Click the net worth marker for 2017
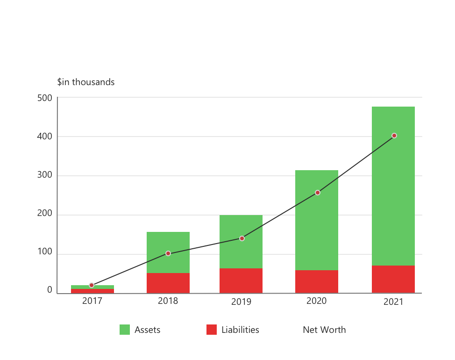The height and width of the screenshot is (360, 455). pyautogui.click(x=92, y=285)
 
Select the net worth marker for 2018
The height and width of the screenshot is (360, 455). pyautogui.click(x=168, y=253)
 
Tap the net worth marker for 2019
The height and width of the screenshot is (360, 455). pyautogui.click(x=242, y=238)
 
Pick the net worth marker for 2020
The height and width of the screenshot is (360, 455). pyautogui.click(x=318, y=193)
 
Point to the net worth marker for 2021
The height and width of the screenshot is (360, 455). pyautogui.click(x=394, y=136)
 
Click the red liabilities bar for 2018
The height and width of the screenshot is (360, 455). pyautogui.click(x=168, y=283)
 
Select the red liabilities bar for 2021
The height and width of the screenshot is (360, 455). pyautogui.click(x=393, y=279)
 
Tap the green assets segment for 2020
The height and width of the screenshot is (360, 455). pyautogui.click(x=317, y=220)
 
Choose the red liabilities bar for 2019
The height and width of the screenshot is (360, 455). pyautogui.click(x=241, y=281)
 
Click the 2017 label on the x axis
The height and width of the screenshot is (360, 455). pyautogui.click(x=92, y=301)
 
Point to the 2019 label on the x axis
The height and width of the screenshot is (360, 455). pyautogui.click(x=241, y=302)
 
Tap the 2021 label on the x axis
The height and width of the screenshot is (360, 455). pyautogui.click(x=393, y=302)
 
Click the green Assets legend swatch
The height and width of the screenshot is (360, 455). pyautogui.click(x=125, y=330)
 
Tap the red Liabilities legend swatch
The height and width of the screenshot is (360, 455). pyautogui.click(x=212, y=330)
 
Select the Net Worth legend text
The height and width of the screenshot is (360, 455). pyautogui.click(x=324, y=330)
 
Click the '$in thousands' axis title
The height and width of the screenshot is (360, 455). pyautogui.click(x=85, y=82)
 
